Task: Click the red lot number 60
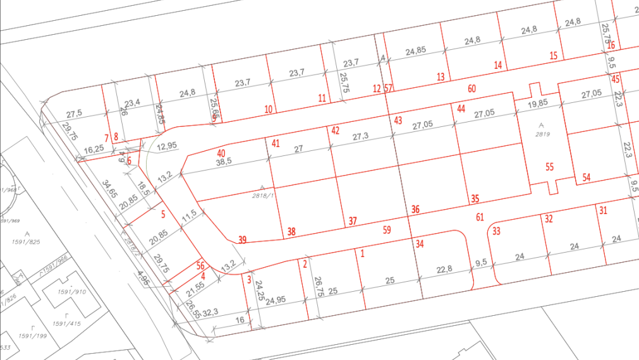472,88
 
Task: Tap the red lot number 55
549,167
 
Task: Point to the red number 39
242,239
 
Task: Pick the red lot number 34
420,243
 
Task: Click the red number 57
389,88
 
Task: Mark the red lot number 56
200,266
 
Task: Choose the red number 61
480,217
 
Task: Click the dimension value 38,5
224,162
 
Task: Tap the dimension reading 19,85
539,104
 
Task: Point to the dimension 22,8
445,269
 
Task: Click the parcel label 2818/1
262,196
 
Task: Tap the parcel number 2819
541,134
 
